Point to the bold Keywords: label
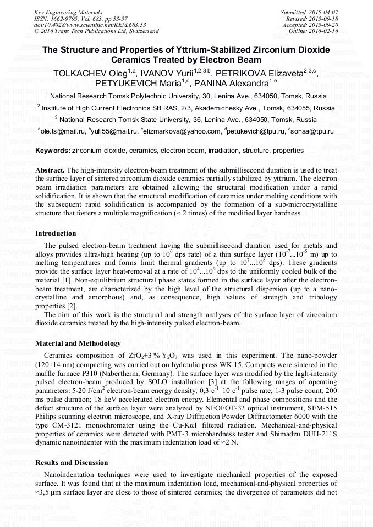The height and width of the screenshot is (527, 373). point(52,150)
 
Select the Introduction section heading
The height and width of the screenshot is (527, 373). point(56,233)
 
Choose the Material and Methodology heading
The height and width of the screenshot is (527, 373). point(78,343)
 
